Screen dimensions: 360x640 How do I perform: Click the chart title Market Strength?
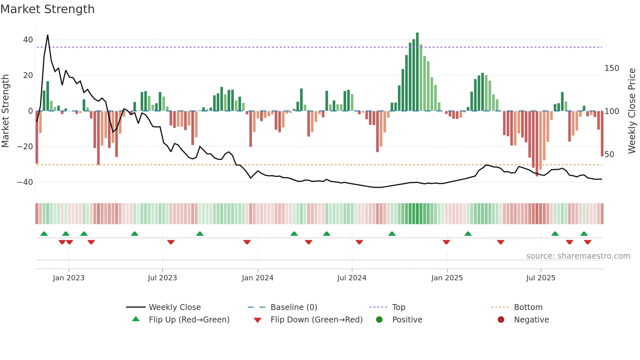(47, 9)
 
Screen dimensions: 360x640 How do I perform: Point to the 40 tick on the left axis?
(28, 40)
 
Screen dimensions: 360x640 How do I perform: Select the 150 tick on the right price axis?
(612, 68)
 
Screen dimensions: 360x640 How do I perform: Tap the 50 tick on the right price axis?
(609, 155)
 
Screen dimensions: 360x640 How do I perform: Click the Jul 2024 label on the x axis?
(352, 278)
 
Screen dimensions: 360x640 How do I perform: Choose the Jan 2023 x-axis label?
(69, 278)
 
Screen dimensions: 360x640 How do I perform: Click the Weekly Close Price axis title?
(632, 111)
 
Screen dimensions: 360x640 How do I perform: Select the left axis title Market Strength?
(6, 111)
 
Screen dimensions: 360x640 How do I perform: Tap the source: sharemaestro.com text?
(578, 256)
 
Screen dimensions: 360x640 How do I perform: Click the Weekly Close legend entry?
(175, 307)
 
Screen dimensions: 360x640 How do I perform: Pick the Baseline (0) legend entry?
(294, 307)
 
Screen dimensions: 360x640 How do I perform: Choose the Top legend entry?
(398, 307)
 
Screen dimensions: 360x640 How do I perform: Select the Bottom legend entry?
(528, 307)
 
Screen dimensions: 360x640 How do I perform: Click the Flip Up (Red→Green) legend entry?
(189, 320)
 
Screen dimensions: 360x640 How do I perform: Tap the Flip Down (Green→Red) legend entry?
(316, 320)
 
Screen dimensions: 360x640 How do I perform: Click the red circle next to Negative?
(501, 319)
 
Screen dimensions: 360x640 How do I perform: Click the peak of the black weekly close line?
(48, 35)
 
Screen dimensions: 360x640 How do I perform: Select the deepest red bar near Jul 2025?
(537, 144)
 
